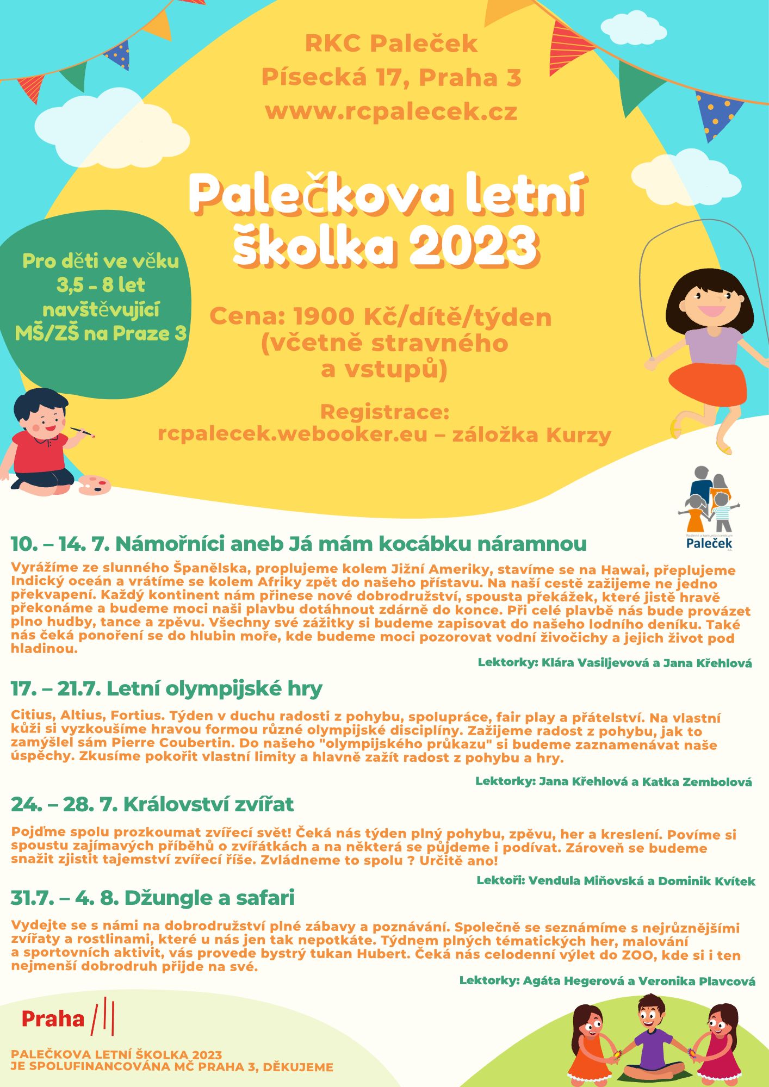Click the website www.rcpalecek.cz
tap(391, 111)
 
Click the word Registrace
tap(384, 412)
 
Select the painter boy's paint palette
tap(95, 485)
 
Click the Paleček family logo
tap(709, 507)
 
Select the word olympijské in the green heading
tap(222, 688)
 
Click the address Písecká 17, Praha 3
tap(391, 77)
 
